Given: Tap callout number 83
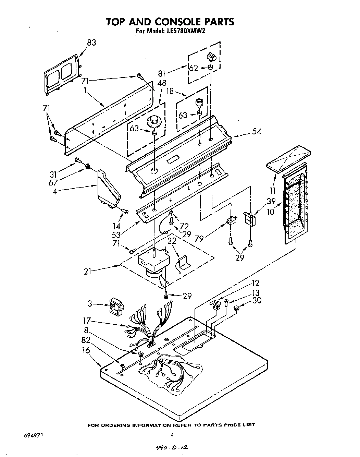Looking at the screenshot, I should click(91, 43).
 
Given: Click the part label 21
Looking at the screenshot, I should click(88, 272).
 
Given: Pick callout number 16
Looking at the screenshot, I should click(86, 350).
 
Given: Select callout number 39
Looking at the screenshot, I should click(272, 202).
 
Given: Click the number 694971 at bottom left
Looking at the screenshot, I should click(34, 435).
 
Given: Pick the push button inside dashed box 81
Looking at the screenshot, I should click(211, 58).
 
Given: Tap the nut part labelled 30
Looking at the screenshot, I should click(236, 309).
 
